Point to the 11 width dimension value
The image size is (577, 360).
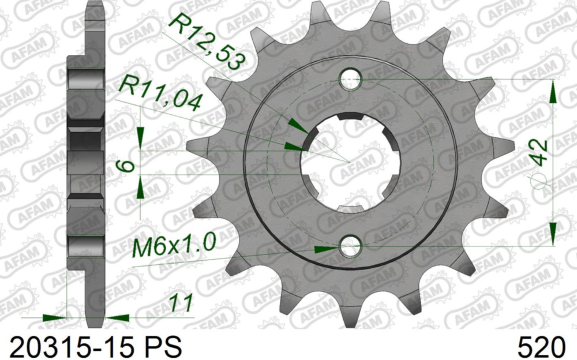(181, 302)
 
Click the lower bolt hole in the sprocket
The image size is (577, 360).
(350, 247)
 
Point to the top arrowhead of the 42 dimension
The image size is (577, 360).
(553, 92)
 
